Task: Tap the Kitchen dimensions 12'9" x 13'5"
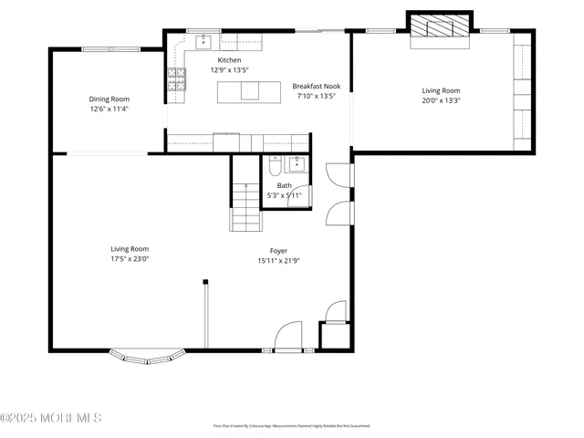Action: [x=229, y=69]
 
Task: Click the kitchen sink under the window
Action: [x=203, y=41]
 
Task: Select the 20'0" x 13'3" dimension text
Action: [x=440, y=100]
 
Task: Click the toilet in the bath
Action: [x=275, y=167]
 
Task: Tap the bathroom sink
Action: [x=295, y=164]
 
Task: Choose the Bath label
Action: [x=285, y=185]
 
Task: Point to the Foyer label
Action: [x=278, y=250]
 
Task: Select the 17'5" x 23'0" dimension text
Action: [x=130, y=258]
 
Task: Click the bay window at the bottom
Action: [x=142, y=357]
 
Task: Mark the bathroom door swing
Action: [x=299, y=198]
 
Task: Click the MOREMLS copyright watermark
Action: [x=51, y=418]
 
